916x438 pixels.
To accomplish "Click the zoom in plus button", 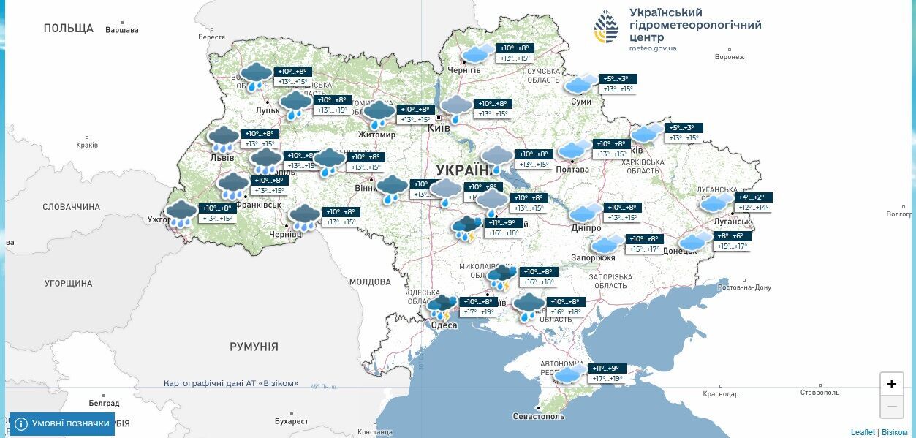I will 891,384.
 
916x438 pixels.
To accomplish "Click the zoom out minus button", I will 891,407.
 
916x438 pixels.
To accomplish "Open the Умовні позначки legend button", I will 62,423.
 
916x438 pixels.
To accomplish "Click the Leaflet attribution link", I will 863,432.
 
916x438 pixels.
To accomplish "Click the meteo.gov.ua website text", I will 653,48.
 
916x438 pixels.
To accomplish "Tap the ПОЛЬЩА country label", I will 69,29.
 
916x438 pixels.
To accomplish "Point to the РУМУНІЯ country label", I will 254,347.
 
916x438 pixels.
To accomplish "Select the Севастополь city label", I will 539,416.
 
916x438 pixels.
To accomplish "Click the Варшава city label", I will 122,30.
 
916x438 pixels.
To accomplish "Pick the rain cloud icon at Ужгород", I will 181,214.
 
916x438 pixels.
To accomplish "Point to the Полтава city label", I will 572,170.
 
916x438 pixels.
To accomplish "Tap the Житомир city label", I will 377,135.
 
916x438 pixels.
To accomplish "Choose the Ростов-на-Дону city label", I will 745,287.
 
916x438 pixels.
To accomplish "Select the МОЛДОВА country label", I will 370,282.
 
